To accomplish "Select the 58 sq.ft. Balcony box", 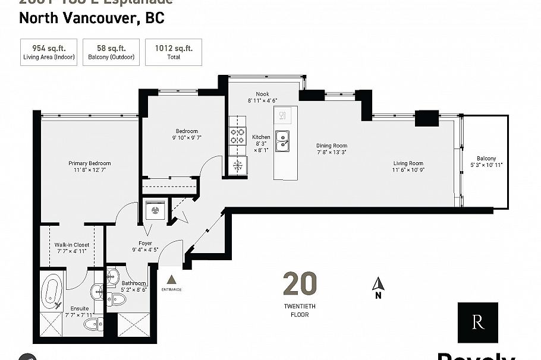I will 111,52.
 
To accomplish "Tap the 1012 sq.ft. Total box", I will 174,52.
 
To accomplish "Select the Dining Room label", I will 332,149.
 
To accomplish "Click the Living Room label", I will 408,167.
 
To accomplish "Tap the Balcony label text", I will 486,161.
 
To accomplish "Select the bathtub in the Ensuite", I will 52,292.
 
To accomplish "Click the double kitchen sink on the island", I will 283,142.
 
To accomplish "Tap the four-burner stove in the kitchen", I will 238,138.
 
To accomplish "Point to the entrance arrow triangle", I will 171,279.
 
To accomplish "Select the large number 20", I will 300,284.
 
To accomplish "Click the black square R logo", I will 477,323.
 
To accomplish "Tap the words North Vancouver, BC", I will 92,18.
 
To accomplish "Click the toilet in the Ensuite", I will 91,323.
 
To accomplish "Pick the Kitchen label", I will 261,140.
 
